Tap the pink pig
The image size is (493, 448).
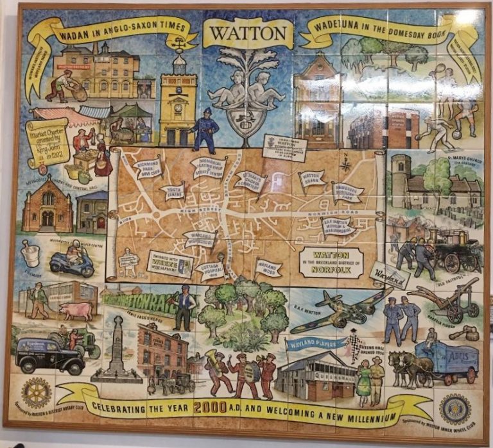pos(77,311)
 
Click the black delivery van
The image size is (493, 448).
pos(48,354)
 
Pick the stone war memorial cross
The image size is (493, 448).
pos(117,349)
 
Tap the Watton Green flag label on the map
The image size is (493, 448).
pos(311,178)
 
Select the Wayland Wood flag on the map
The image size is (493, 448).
pos(268,266)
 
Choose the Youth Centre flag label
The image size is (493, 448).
pos(173,190)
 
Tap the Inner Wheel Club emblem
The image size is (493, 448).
pos(454,408)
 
